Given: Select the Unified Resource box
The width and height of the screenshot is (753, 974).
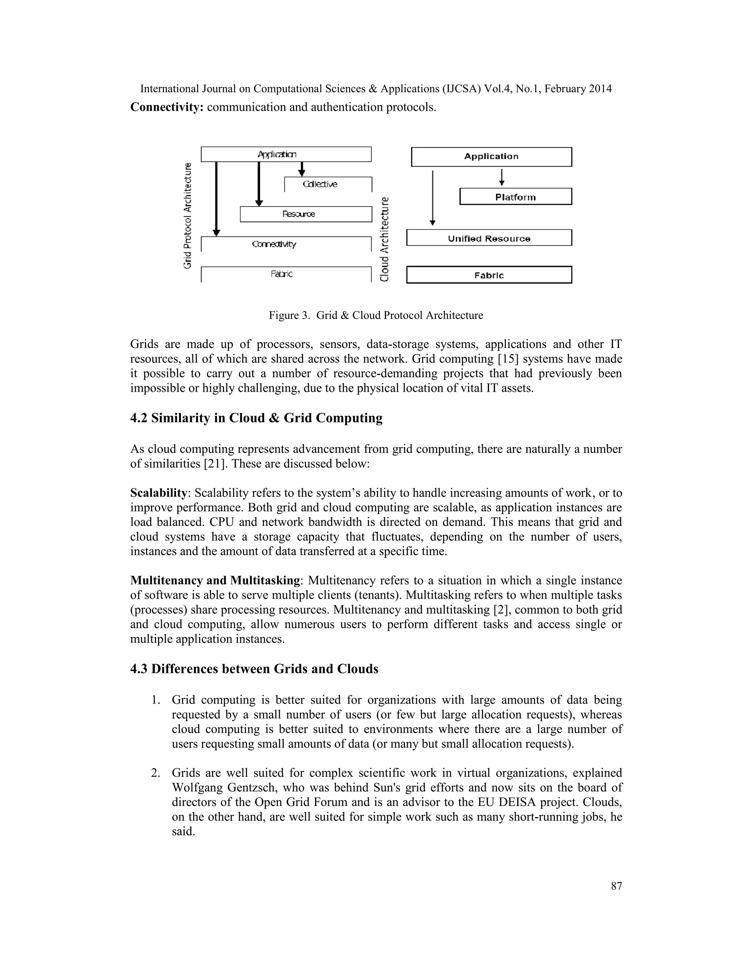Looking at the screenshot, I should [489, 238].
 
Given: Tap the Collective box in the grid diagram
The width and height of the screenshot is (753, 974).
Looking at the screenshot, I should [328, 184].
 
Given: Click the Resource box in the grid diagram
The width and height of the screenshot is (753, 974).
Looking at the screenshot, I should [306, 214].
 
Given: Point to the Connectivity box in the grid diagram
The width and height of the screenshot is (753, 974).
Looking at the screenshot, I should [286, 244].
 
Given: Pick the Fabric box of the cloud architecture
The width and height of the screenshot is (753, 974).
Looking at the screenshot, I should [489, 275].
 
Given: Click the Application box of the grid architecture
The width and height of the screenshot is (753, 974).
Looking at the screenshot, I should [286, 154].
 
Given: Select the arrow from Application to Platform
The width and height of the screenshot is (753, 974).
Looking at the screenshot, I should [502, 176].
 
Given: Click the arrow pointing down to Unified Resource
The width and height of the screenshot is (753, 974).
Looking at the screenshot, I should [432, 196].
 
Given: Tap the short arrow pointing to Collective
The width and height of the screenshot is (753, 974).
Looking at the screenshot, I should [301, 169].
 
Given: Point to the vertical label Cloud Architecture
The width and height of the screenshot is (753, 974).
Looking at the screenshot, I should [384, 239].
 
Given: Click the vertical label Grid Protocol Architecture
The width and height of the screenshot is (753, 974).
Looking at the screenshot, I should [188, 216].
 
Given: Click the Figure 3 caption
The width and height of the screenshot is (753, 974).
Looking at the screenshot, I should [376, 315].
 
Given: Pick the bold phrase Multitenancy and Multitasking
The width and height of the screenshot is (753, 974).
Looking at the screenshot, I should [215, 580].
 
